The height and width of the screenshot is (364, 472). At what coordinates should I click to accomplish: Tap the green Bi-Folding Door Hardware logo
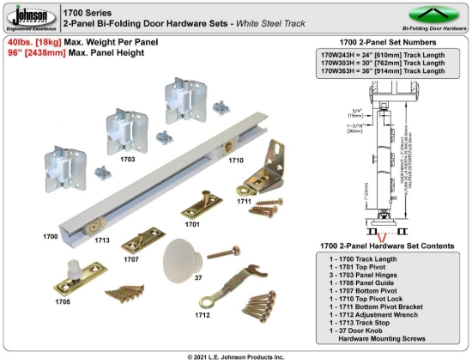tap(435, 15)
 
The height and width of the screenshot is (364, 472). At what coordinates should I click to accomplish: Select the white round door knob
tap(183, 255)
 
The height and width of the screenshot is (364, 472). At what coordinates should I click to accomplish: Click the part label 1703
tap(128, 159)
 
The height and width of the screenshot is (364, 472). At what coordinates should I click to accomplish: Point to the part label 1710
tap(236, 161)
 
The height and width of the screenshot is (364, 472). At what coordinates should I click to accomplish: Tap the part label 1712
tap(203, 314)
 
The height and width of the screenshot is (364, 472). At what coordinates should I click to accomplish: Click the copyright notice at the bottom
tap(236, 356)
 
